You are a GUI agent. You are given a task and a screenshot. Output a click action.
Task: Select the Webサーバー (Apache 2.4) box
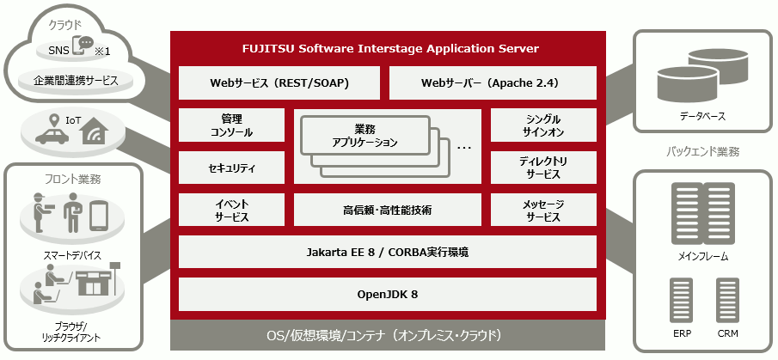pos(493,83)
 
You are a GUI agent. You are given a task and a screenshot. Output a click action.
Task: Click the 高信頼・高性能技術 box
pos(387,210)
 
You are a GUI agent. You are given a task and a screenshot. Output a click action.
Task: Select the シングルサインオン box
pos(543,125)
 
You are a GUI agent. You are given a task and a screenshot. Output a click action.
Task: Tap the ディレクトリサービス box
pos(543,168)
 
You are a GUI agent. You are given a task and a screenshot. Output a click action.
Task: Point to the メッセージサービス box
pos(543,210)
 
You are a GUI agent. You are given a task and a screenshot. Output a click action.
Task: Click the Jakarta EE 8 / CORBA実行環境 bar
pos(387,253)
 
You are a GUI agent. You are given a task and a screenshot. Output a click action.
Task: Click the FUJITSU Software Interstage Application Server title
pos(388,48)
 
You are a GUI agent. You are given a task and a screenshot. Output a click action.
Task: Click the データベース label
pos(701,114)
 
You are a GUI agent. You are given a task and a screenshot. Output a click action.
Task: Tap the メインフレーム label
pos(703,256)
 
